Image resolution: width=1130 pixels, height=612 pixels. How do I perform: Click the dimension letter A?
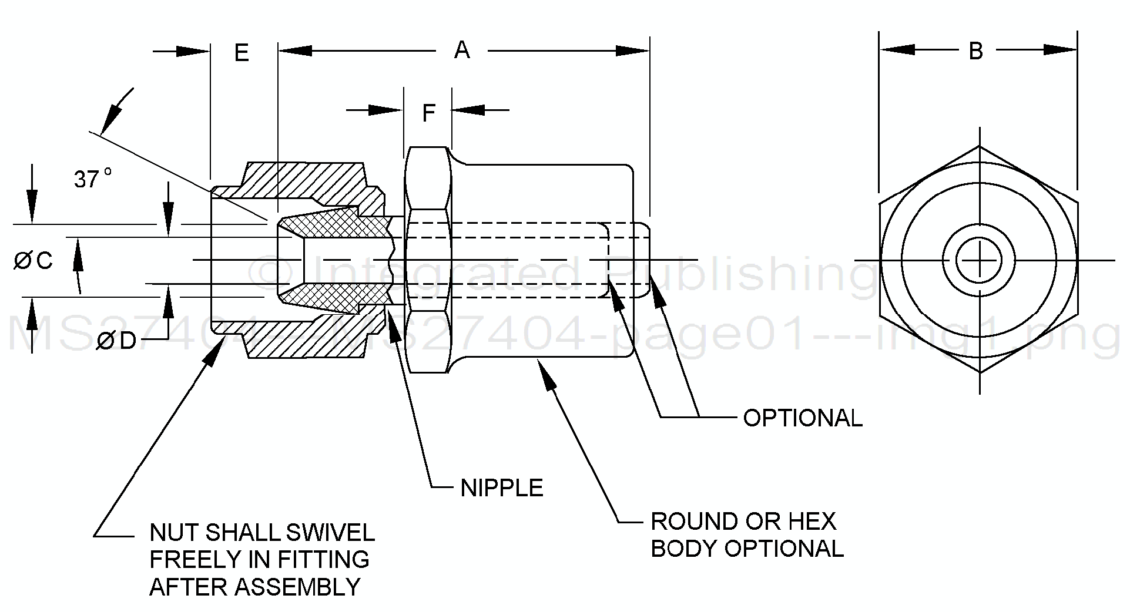tap(462, 51)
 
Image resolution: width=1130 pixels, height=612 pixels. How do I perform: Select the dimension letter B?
tap(975, 52)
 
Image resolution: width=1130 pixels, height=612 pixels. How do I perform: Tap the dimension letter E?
tap(242, 53)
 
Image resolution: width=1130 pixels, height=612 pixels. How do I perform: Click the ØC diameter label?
tap(33, 260)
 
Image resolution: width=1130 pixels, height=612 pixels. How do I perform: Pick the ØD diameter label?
tap(116, 341)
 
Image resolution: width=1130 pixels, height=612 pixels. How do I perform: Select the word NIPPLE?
tap(501, 488)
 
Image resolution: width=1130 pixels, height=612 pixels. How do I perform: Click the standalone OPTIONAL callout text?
tap(802, 418)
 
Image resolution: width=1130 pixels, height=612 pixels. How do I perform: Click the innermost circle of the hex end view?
tap(979, 260)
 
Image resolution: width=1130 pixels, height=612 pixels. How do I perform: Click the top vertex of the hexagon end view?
tap(979, 147)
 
